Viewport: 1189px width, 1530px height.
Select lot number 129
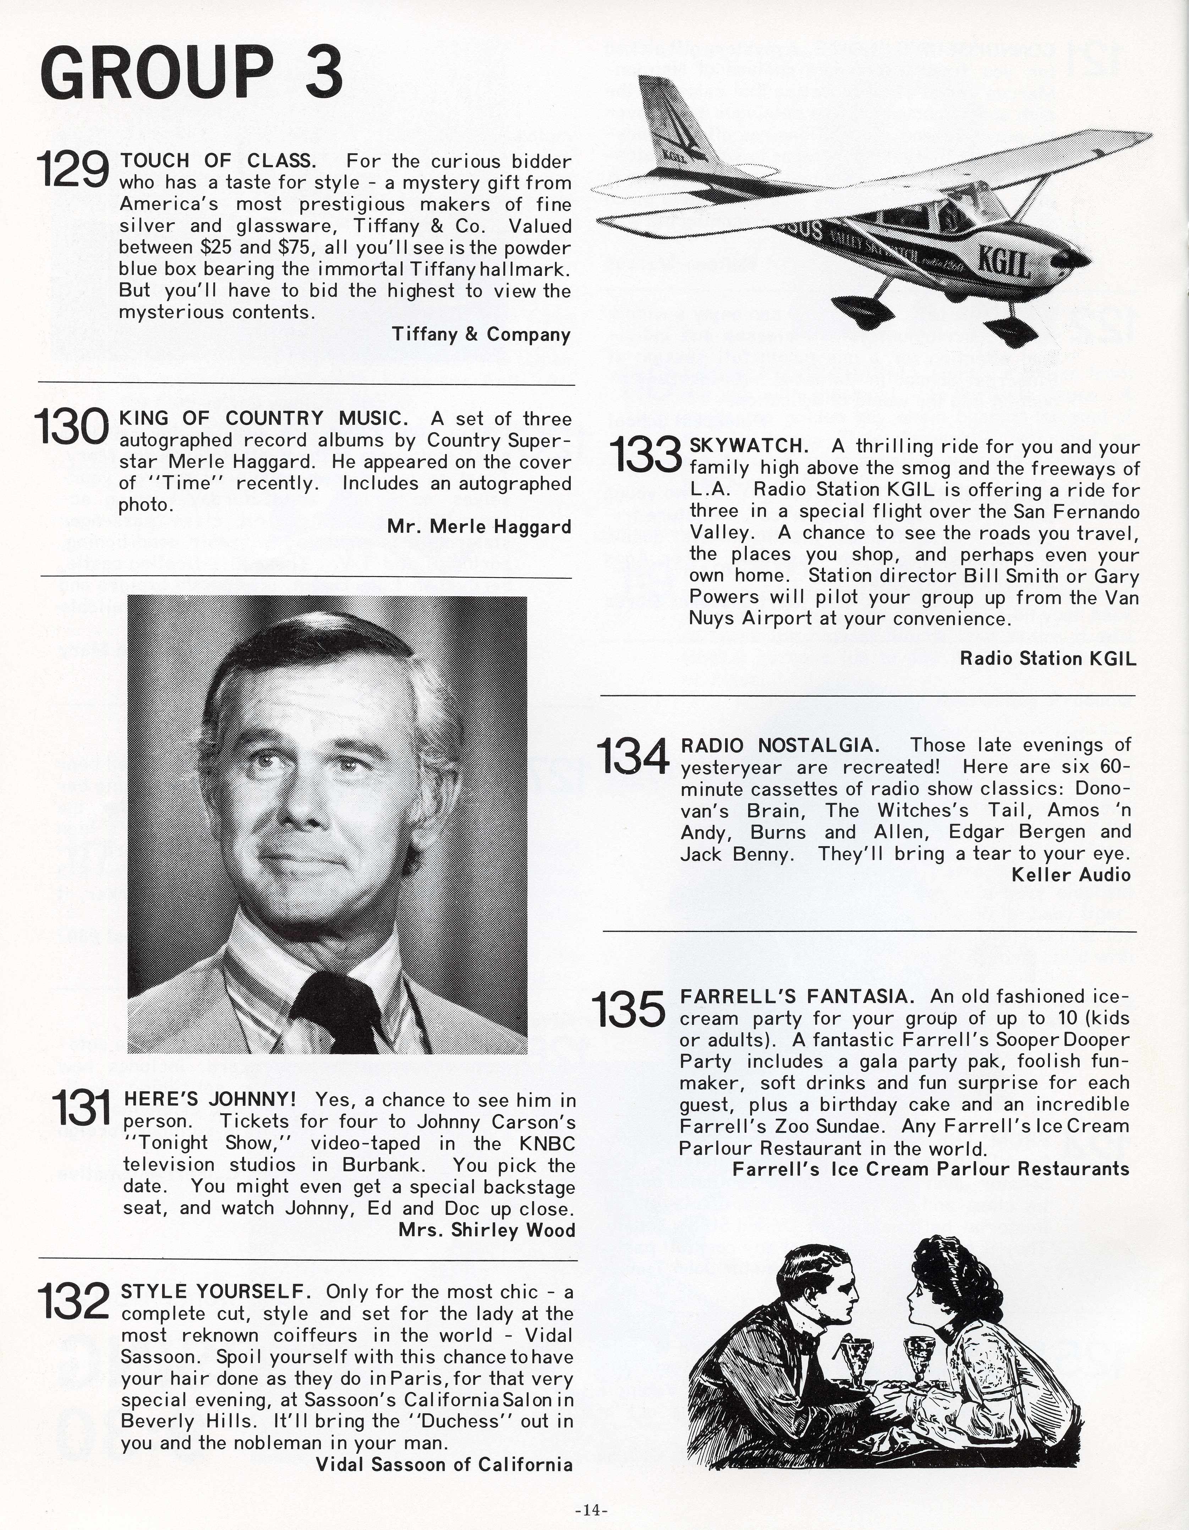72,170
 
